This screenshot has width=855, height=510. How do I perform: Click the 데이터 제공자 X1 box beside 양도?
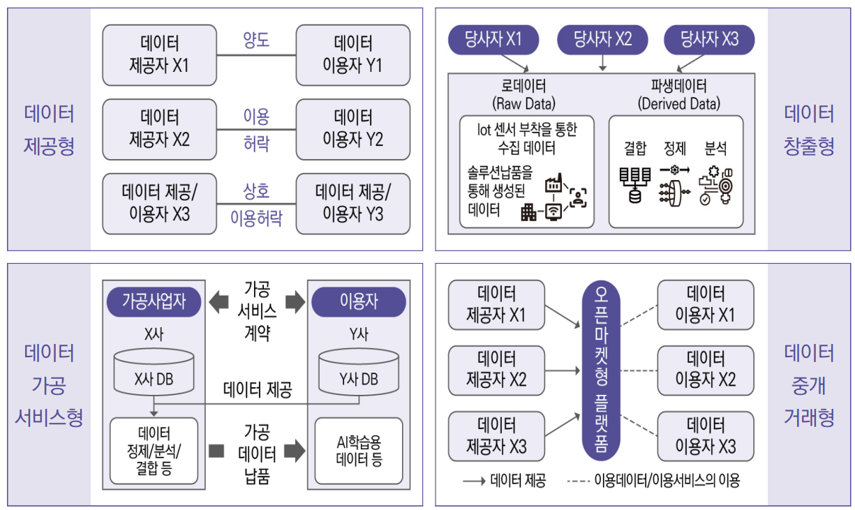coord(159,54)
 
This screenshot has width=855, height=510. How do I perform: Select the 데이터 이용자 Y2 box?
coord(352,128)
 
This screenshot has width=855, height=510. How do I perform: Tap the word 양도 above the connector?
coord(256,41)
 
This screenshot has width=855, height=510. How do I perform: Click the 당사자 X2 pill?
coord(603,40)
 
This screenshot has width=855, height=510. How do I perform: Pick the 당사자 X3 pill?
coord(709,40)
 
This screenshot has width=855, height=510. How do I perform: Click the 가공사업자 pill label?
coord(153,301)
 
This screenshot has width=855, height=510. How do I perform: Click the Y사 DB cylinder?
coord(359,374)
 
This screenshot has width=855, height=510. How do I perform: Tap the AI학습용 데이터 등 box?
coord(359,451)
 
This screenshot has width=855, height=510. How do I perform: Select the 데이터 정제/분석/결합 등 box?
coord(154,451)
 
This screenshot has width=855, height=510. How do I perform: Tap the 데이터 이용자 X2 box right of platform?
coord(706,370)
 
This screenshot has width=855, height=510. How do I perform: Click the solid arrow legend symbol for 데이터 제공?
coord(474,481)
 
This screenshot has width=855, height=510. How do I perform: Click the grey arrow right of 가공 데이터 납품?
coord(295,451)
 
